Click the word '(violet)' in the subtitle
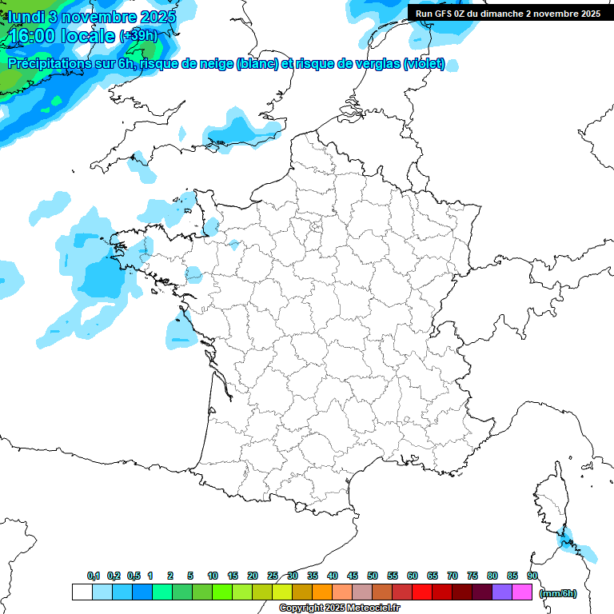click(x=424, y=64)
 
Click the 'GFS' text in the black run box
click(x=448, y=14)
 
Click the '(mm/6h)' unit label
click(x=557, y=593)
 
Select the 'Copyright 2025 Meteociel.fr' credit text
click(x=339, y=608)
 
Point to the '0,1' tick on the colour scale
click(x=94, y=576)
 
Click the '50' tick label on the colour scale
click(x=373, y=576)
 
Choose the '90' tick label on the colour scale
click(x=532, y=576)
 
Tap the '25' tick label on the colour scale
click(x=273, y=576)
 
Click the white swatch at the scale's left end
click(x=82, y=592)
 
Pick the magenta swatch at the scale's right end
click(x=522, y=592)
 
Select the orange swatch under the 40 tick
click(x=322, y=592)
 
